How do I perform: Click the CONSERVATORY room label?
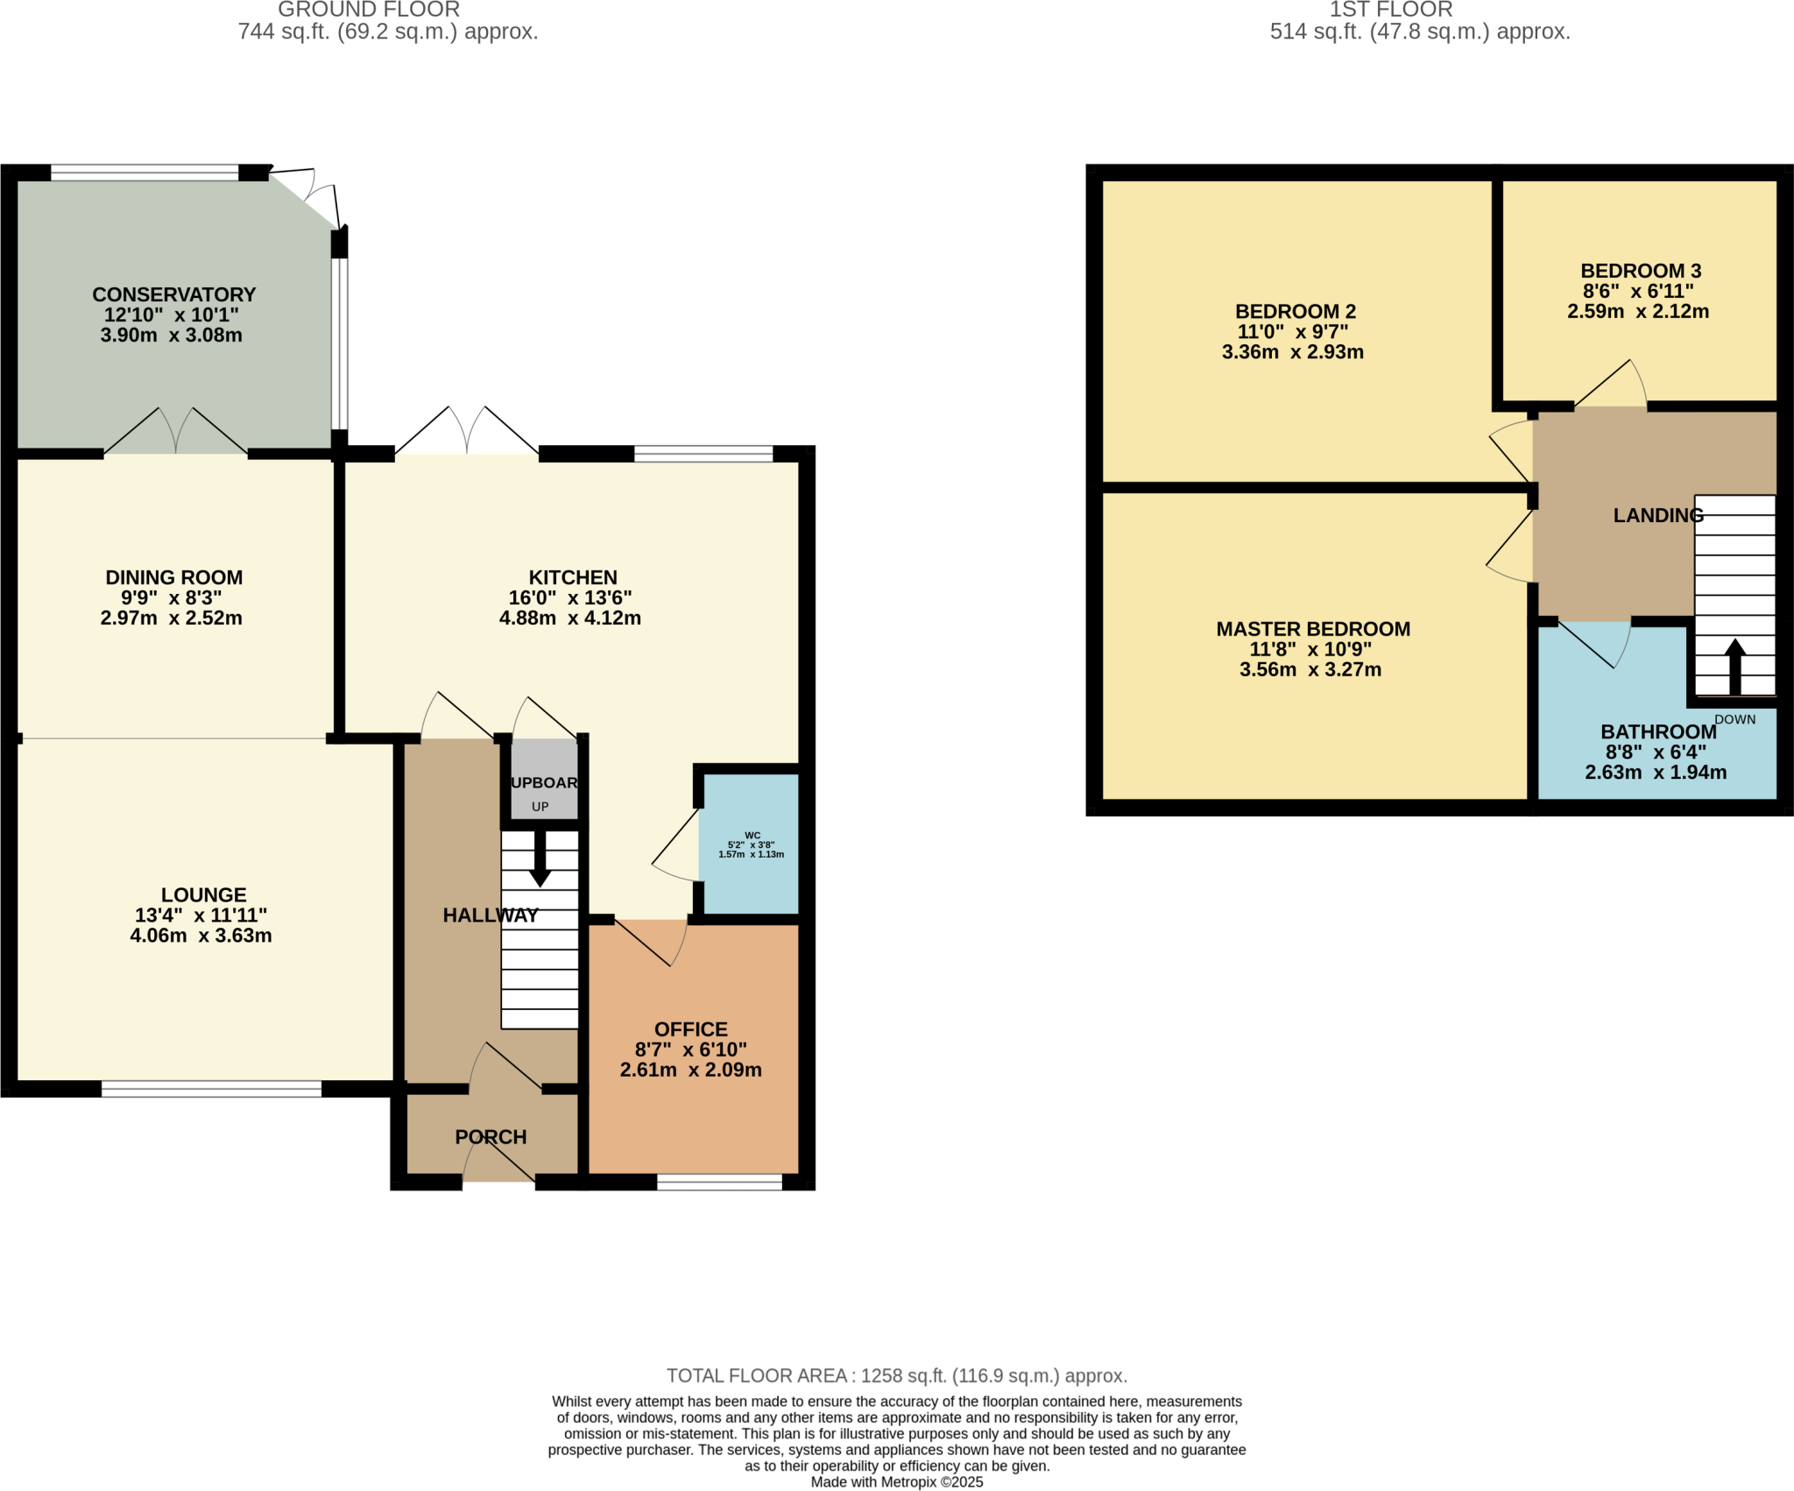173,294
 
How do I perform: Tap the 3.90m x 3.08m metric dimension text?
171,336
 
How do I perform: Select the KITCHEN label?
573,577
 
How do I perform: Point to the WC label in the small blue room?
752,835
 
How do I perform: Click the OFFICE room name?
690,1029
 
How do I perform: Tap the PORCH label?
491,1137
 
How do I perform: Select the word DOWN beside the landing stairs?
1734,719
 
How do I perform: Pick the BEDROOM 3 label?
1641,271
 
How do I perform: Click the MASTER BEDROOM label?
1312,629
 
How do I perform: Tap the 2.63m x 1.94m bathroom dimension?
1656,773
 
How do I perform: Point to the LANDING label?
1658,515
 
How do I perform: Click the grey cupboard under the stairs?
544,780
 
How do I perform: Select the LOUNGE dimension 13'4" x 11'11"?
201,915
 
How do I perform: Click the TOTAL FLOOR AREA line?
896,1375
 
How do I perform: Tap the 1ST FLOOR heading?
1390,10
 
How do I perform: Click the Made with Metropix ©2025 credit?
896,1482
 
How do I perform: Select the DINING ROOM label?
173,577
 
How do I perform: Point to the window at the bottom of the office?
719,1183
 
